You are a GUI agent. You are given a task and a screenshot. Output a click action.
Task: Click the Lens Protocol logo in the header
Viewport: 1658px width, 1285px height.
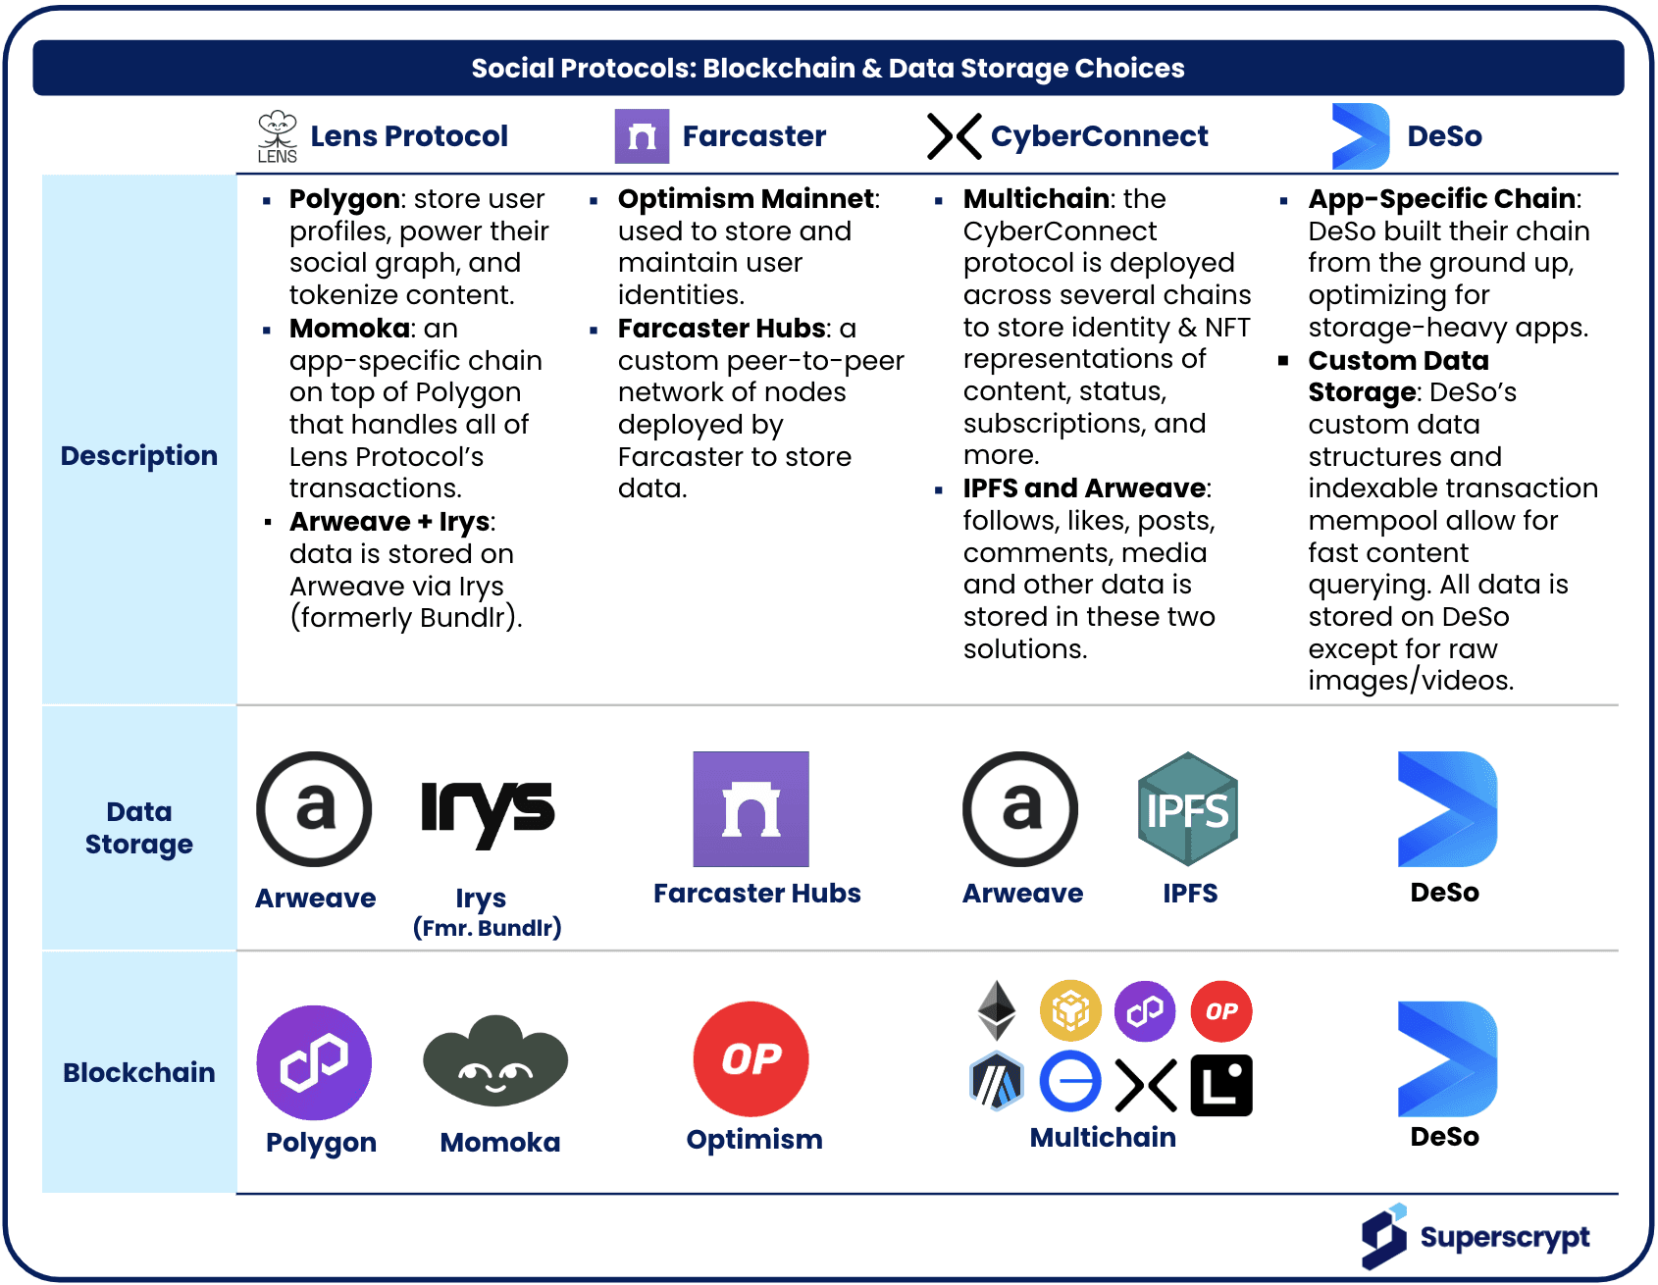pos(278,136)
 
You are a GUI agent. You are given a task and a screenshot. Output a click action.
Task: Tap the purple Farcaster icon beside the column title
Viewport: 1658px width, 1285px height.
pos(642,136)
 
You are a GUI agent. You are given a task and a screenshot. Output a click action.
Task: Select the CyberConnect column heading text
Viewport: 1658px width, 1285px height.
pos(1099,136)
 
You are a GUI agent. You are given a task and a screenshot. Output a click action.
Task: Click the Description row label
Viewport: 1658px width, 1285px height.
pos(139,456)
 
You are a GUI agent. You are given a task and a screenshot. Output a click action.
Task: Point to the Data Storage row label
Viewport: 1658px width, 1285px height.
pos(139,828)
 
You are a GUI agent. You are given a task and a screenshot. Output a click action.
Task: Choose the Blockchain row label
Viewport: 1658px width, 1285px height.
pos(139,1072)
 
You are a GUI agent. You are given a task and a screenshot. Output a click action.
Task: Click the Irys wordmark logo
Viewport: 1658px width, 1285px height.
pos(488,811)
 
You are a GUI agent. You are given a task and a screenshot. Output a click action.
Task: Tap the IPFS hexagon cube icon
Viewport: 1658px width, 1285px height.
pos(1188,809)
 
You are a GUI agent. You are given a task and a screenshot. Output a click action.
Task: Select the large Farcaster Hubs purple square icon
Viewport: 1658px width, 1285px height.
pos(751,809)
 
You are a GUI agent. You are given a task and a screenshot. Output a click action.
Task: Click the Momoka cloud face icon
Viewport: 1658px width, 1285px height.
pos(495,1061)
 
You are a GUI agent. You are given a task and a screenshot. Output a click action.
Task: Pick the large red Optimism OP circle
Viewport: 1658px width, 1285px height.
pos(751,1059)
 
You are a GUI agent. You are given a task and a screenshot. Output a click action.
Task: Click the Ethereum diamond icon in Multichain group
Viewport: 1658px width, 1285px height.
pos(997,1010)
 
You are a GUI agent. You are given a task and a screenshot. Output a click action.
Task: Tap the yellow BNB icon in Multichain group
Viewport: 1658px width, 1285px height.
pos(1070,1010)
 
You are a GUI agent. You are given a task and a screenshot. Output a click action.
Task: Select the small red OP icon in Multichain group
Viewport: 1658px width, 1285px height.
pos(1221,1010)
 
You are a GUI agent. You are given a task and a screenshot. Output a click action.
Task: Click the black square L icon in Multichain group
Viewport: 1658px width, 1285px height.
pos(1221,1085)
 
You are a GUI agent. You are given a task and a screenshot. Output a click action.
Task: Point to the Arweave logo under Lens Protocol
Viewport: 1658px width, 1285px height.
pos(314,809)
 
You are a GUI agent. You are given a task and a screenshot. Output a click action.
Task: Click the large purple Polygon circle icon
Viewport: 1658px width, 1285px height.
pos(314,1062)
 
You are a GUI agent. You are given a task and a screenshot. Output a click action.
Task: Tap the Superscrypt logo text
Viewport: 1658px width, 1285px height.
pos(1504,1237)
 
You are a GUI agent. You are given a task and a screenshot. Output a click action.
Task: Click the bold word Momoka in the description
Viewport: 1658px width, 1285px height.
pos(349,329)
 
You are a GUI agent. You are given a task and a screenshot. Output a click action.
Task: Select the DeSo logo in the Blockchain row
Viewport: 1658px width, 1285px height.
pos(1447,1059)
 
